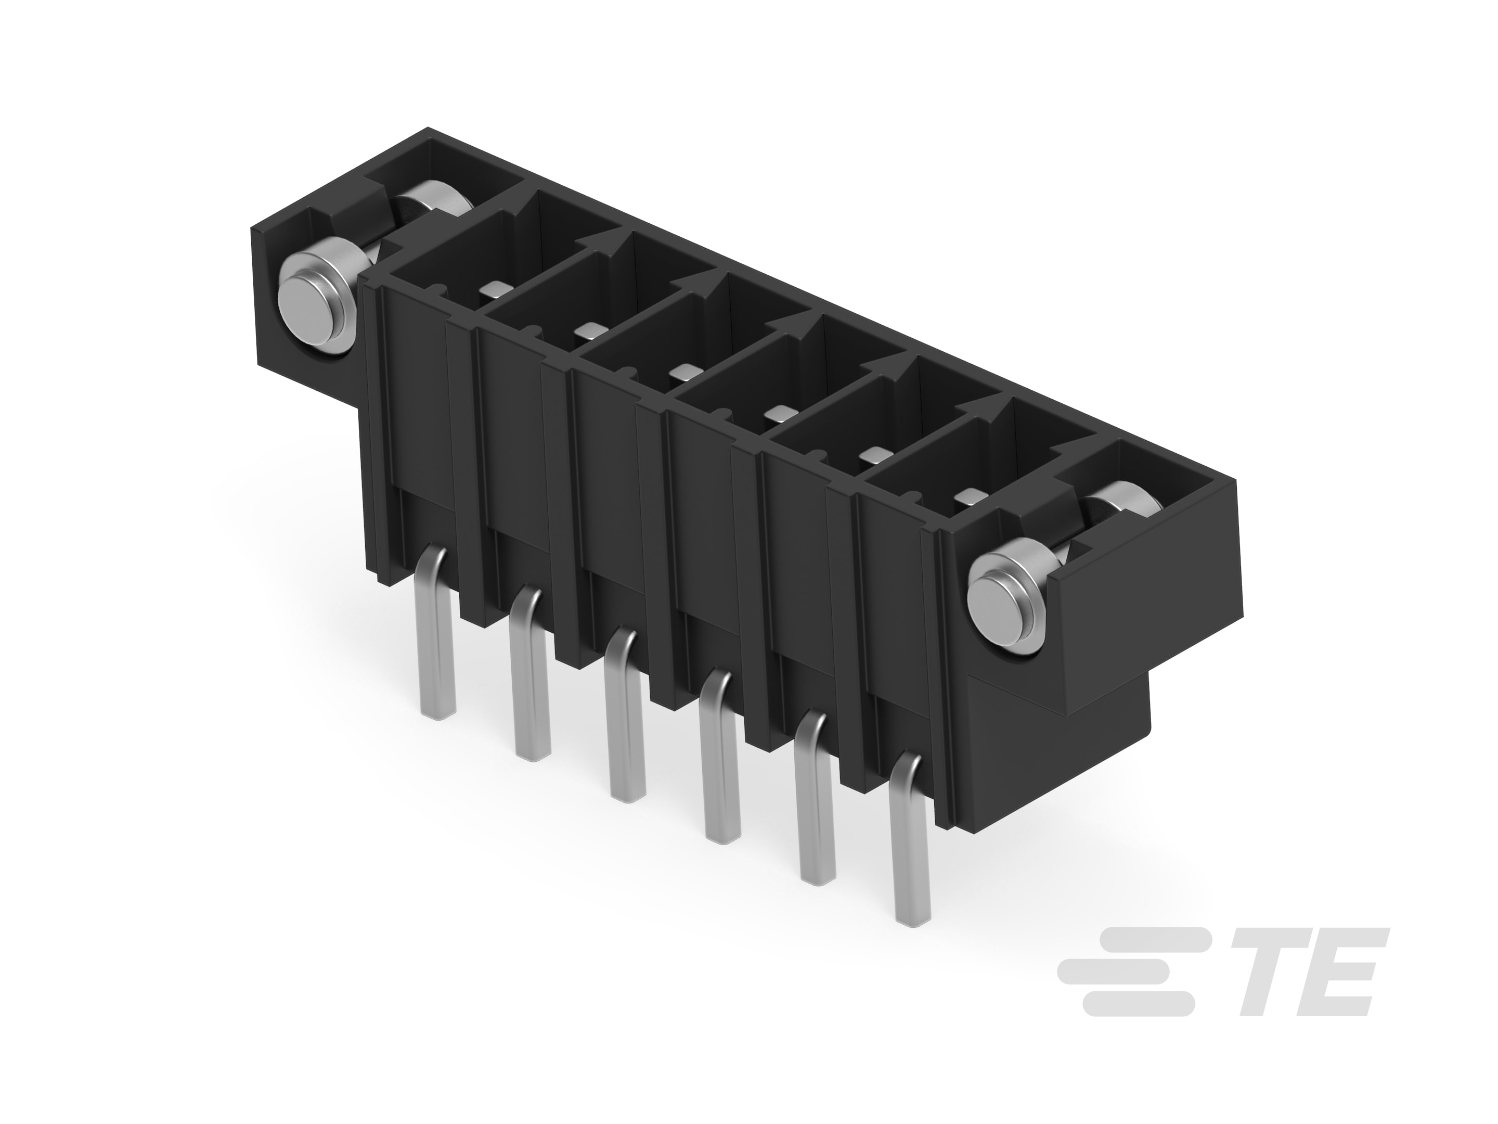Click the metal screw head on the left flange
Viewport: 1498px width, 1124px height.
[315, 301]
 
